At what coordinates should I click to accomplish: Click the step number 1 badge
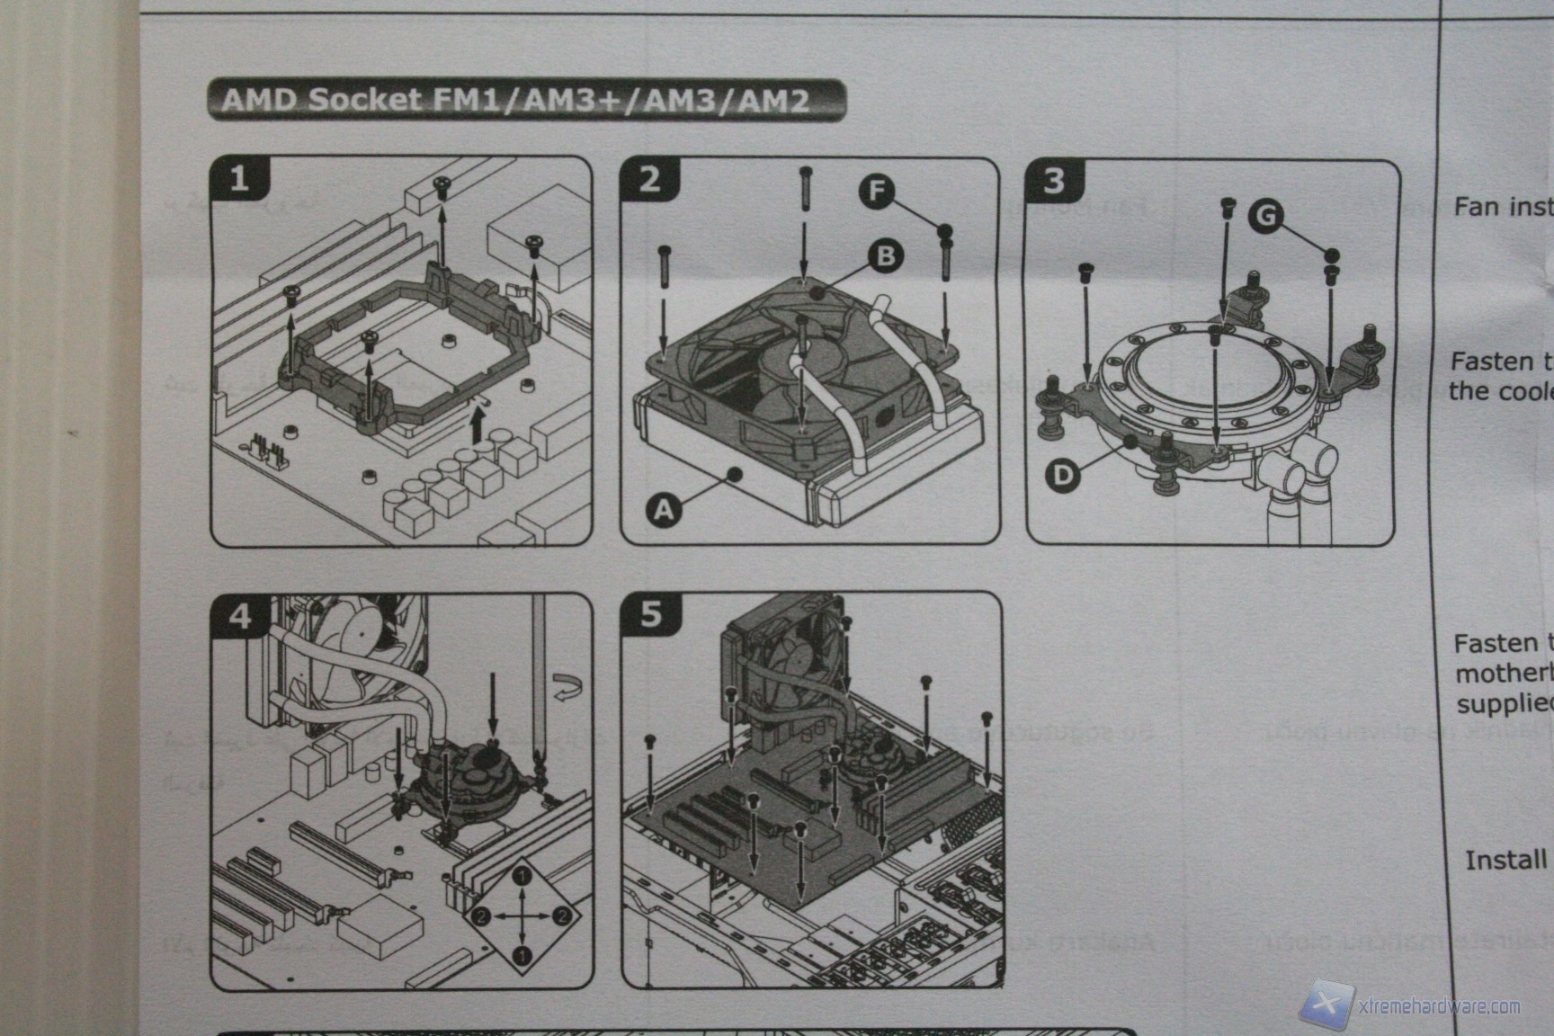238,179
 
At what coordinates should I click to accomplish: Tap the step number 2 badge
649,179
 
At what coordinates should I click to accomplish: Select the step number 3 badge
1054,181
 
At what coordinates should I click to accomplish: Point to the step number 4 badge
240,616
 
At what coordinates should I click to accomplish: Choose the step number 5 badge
651,614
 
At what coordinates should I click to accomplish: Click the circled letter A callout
664,510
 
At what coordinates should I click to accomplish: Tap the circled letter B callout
885,256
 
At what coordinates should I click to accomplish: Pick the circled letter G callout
1266,216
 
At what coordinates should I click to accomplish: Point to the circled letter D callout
1064,474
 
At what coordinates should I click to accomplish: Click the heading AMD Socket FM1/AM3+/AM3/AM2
525,100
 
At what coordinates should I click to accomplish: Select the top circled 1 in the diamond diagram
524,873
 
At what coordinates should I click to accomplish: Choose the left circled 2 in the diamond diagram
480,916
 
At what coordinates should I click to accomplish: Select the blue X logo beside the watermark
1329,1004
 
